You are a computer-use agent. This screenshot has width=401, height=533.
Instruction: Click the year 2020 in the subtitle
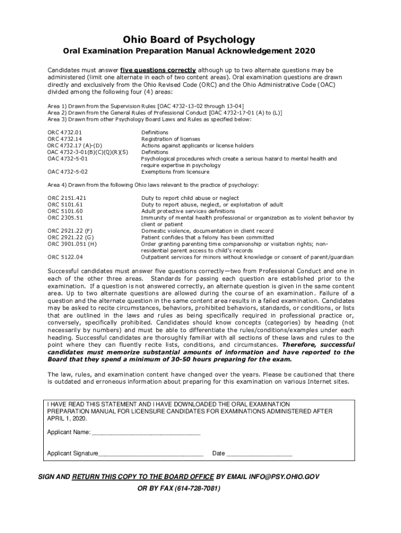tap(305, 52)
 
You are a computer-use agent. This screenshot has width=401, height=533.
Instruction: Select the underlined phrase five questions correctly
tap(158, 70)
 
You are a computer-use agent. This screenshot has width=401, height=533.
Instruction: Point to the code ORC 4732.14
tap(65, 139)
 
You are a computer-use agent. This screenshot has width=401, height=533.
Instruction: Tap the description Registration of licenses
tap(171, 139)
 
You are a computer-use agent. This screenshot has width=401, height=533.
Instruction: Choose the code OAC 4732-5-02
tap(68, 172)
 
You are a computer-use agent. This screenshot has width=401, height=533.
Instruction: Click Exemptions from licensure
tap(175, 172)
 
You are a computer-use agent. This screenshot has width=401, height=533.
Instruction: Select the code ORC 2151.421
tap(67, 198)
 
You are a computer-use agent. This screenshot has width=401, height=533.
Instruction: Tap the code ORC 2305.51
tap(65, 218)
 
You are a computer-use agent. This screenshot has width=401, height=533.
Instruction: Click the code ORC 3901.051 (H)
tap(72, 244)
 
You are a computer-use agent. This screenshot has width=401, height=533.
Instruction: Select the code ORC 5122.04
tap(65, 257)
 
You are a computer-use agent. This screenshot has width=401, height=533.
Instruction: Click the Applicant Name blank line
tap(146, 433)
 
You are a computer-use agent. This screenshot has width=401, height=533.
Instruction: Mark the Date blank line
tap(259, 453)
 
